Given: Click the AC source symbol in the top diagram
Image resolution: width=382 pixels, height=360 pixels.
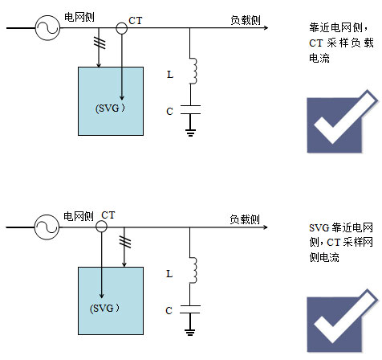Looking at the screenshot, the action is [x=47, y=28].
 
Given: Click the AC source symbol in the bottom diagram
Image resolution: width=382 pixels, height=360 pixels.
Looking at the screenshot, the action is [x=47, y=227].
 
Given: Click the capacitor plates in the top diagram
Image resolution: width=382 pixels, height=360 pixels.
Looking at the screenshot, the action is [x=190, y=110].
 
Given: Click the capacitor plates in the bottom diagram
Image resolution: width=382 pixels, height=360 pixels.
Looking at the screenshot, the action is [x=190, y=309].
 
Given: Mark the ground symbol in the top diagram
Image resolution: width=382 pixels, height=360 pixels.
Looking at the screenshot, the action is [x=190, y=133].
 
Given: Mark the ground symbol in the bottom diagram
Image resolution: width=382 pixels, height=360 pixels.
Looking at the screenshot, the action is [x=190, y=333].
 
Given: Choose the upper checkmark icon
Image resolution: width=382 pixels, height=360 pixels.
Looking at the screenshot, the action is [x=343, y=121].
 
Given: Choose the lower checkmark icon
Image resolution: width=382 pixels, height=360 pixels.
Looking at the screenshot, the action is [x=343, y=321].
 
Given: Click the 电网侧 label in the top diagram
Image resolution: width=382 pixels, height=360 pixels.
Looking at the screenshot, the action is [x=79, y=17].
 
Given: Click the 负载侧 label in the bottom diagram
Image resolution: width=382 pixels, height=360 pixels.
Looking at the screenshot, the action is [x=245, y=219].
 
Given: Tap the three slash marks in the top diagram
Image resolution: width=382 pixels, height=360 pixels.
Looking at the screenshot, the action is [x=100, y=43].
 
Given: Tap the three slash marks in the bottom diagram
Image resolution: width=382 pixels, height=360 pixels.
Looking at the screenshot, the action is [x=125, y=242].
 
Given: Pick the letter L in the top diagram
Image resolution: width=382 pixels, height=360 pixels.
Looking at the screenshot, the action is [x=170, y=75].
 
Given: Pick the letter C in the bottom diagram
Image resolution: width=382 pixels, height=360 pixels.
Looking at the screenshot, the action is [x=169, y=311].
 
